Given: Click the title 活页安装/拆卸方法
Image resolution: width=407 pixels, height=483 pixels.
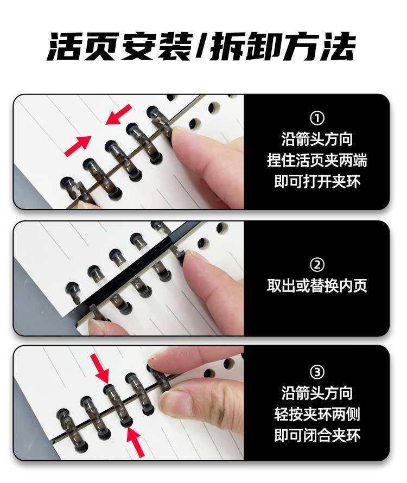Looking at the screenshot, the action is pos(201,47).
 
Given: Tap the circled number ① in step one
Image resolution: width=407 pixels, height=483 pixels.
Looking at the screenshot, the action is pos(317,118).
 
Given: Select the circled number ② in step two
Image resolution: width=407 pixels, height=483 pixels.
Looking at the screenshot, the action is pos(317,265).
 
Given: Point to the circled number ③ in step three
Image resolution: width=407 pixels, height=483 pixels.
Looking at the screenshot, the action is pos(317,372).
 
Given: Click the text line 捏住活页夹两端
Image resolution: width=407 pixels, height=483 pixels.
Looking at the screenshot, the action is pos(317,161).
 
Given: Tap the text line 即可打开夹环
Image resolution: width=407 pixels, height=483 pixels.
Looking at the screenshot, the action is pos(317,181).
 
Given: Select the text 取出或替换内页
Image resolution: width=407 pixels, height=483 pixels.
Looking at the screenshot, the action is pos(317,285).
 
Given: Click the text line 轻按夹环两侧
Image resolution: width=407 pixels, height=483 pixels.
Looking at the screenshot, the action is pos(317,414).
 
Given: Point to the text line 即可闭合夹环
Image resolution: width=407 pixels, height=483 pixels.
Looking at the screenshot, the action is pos(317,435).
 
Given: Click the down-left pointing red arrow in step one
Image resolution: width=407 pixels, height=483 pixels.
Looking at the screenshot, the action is pos(119,115).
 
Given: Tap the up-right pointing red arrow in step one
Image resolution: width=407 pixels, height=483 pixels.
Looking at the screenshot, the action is pos(78,145).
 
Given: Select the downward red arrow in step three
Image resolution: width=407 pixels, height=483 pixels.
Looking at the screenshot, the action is pos(100,368).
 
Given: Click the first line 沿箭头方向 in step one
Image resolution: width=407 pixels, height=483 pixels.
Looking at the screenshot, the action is pos(317,139).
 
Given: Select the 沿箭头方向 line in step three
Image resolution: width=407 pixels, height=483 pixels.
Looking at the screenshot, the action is pos(317,393).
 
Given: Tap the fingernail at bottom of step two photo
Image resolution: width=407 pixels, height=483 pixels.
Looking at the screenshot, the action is pos(98,324).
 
